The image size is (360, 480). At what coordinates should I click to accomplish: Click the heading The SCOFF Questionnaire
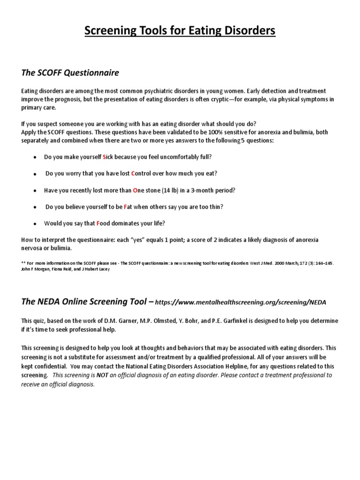coord(70,73)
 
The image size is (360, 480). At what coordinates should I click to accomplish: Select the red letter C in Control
coord(133,173)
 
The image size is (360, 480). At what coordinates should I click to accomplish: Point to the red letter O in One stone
coord(135,190)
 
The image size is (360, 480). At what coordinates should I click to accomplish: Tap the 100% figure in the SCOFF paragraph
coord(219,132)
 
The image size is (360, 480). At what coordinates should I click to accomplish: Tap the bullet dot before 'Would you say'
coord(35,224)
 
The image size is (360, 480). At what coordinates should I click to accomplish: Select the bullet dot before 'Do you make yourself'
coord(35,157)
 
